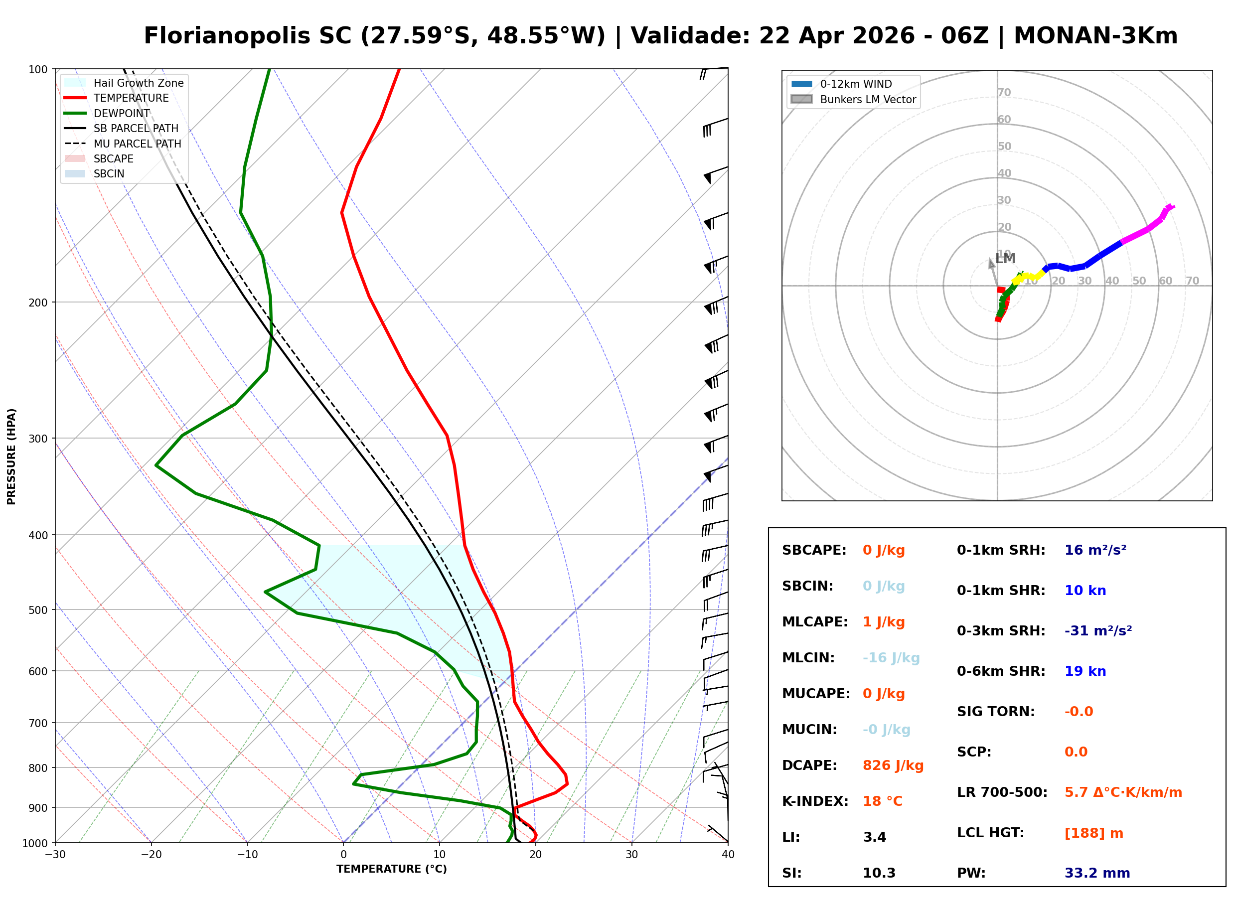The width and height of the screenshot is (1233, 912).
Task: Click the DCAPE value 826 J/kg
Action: (893, 765)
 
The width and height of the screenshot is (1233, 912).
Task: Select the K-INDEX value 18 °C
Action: (882, 801)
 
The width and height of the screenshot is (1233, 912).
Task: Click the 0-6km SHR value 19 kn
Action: (1084, 671)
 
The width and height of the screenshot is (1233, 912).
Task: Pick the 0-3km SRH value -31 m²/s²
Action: (1098, 630)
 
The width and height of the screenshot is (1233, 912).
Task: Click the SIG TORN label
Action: (995, 711)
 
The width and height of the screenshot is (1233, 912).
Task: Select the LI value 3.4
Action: (874, 837)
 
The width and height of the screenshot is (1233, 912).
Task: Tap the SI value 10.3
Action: (879, 873)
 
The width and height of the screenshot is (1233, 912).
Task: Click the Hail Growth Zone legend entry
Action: (138, 83)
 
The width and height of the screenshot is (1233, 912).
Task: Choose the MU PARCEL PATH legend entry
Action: (137, 144)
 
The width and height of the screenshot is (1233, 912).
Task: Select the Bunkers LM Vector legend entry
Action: (867, 99)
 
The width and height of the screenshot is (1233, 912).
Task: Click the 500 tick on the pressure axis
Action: (38, 610)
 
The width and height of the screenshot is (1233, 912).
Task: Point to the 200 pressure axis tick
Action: (38, 303)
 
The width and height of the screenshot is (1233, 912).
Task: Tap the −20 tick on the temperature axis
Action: (151, 855)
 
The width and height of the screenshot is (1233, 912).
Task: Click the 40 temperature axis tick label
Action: (728, 855)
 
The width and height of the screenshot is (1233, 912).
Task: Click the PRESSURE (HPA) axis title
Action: (11, 456)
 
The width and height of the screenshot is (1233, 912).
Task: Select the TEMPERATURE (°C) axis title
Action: (391, 869)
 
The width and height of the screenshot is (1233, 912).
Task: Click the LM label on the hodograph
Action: (1005, 258)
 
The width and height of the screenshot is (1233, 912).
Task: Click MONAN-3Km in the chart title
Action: (1095, 36)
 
